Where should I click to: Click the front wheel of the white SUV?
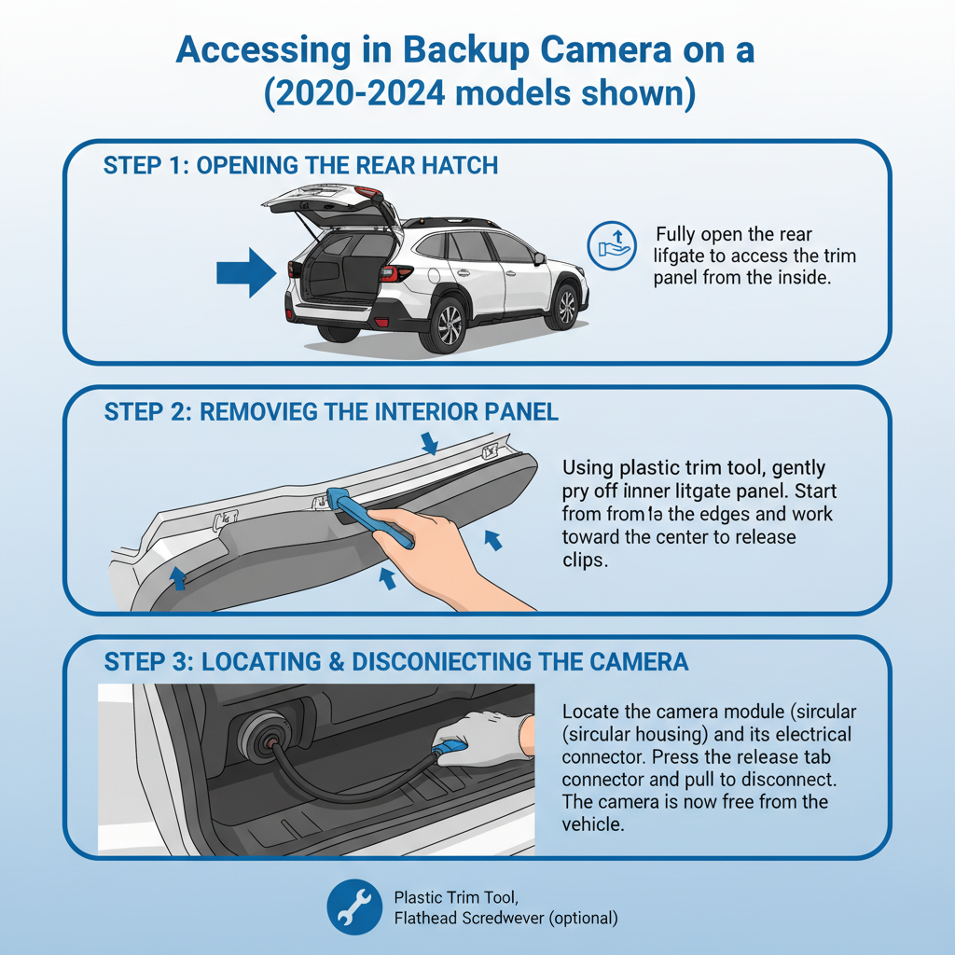click(565, 304)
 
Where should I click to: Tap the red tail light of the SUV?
click(395, 273)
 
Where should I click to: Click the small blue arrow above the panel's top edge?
click(427, 442)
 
